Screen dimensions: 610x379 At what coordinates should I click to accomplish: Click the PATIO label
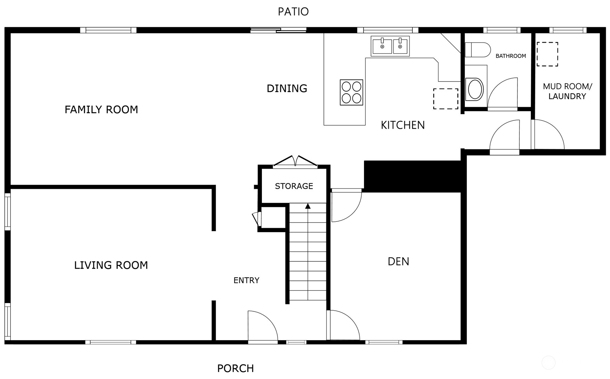tap(293, 11)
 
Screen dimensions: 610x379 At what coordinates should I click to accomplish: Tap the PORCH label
tap(236, 368)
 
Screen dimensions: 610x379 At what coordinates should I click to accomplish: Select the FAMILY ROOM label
tap(101, 110)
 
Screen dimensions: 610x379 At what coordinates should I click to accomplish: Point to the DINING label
tap(287, 89)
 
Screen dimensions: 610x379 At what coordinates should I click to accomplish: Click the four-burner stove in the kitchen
tap(352, 92)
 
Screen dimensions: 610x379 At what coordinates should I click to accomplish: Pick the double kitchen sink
tap(390, 46)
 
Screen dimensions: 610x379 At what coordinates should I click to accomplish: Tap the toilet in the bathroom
tap(477, 50)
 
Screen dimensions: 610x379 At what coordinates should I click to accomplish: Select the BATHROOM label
tap(511, 56)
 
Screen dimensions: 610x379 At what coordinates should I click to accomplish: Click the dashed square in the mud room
tap(547, 54)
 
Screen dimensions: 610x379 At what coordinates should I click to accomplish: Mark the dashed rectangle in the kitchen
tap(446, 99)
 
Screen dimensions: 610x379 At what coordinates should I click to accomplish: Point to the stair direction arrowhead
tap(308, 206)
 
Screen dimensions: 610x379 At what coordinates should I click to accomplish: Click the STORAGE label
tap(294, 186)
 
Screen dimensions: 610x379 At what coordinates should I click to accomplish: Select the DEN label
tap(398, 261)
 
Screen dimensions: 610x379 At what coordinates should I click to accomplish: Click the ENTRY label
tap(246, 280)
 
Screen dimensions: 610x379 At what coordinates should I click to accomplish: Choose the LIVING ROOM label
tap(111, 266)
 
